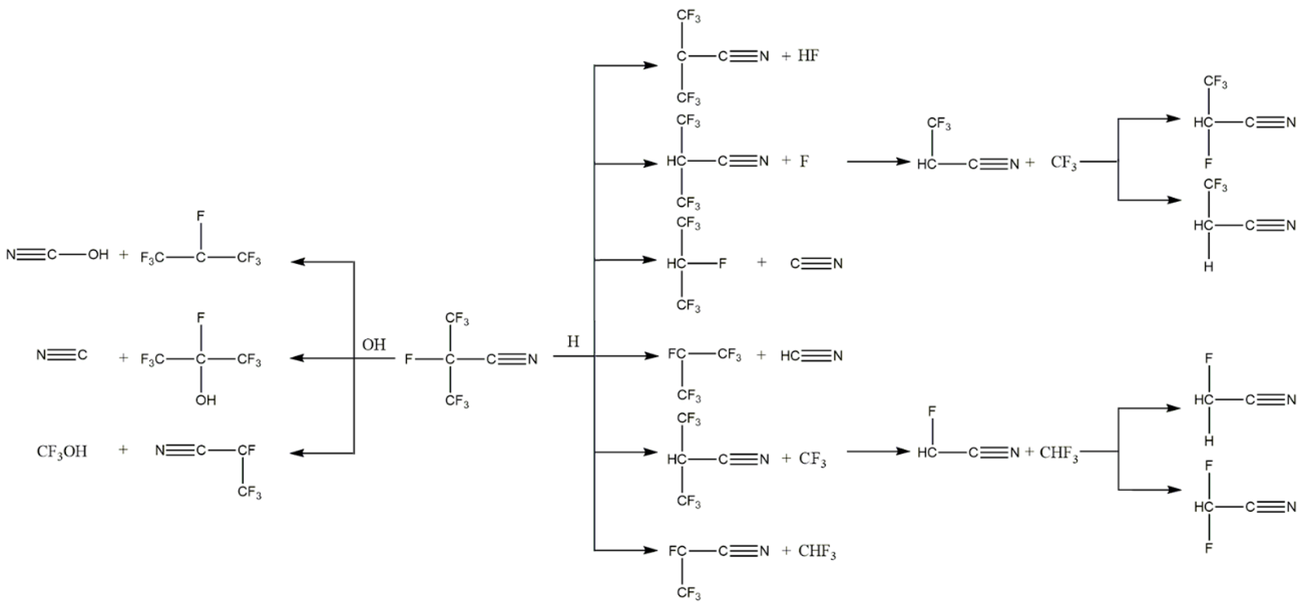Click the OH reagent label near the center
[x=374, y=345]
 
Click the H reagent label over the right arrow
[x=573, y=342]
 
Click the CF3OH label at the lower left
[x=62, y=451]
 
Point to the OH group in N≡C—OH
[x=98, y=254]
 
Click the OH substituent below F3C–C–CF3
[x=206, y=400]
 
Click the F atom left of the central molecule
[x=409, y=359]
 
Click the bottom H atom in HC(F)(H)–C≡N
[x=1208, y=441]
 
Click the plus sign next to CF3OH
[x=123, y=450]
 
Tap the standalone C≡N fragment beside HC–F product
[x=816, y=263]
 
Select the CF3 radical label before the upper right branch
[x=1063, y=162]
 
